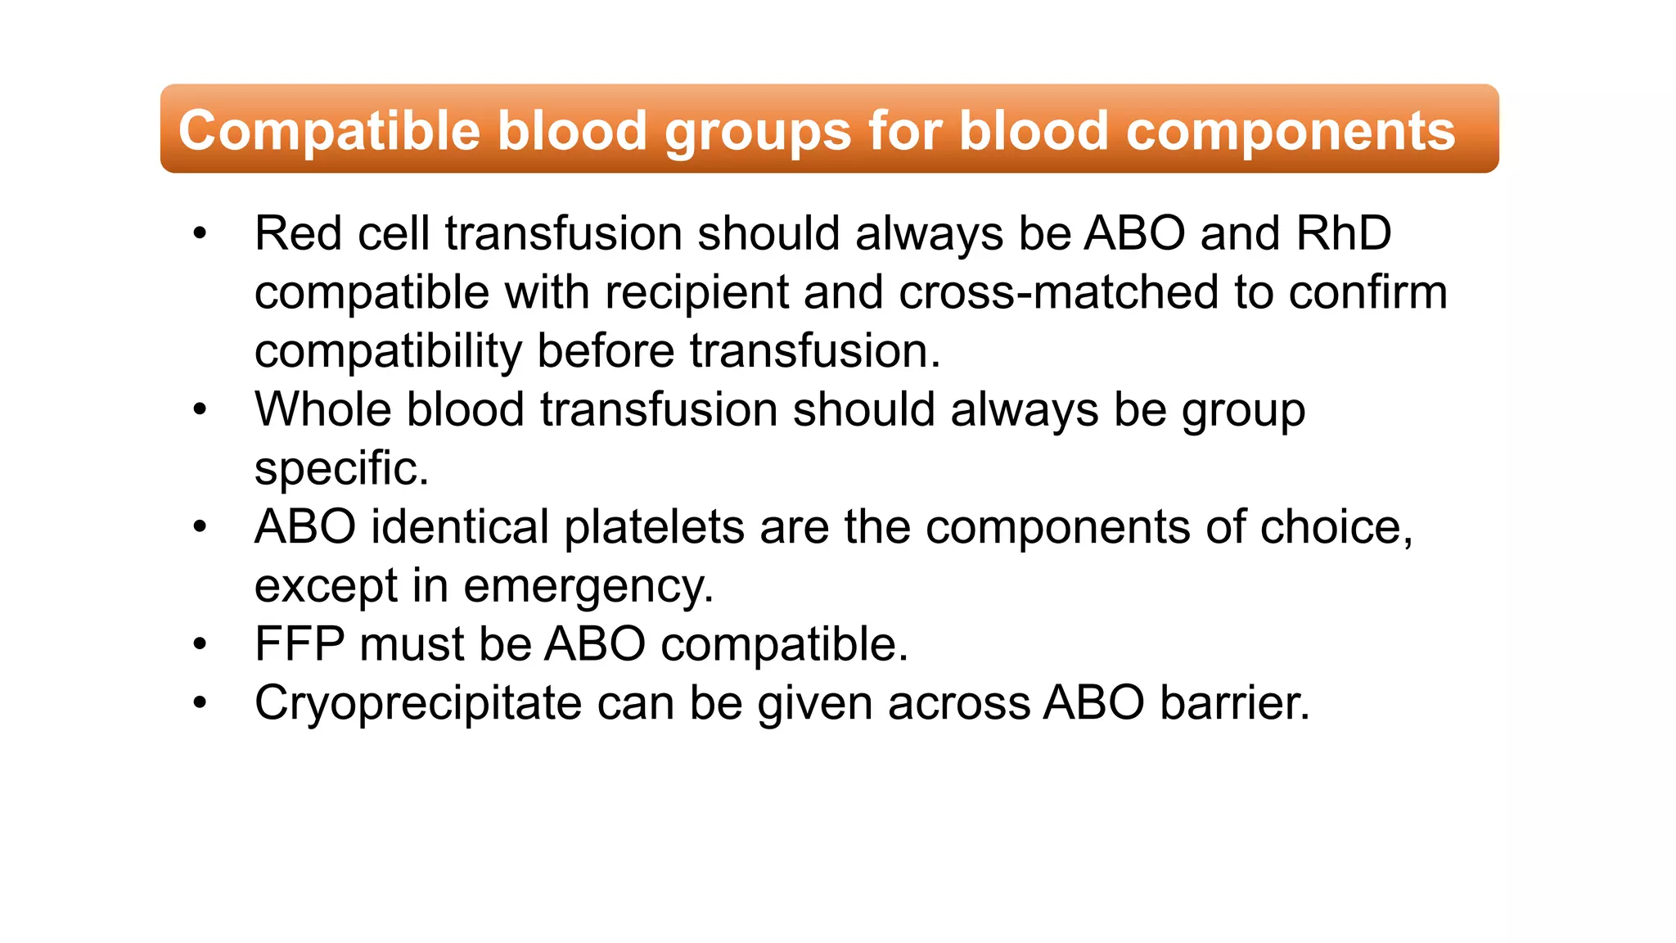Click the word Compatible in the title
click(x=329, y=131)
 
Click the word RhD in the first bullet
click(x=1344, y=233)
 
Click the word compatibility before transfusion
click(x=388, y=351)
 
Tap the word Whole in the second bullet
click(x=323, y=409)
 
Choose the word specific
click(x=341, y=468)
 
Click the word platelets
click(x=654, y=526)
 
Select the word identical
click(x=459, y=526)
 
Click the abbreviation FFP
click(x=300, y=644)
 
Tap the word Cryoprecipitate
click(x=418, y=703)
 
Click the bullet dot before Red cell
click(x=200, y=234)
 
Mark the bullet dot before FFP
click(x=200, y=645)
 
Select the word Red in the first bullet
click(x=298, y=233)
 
